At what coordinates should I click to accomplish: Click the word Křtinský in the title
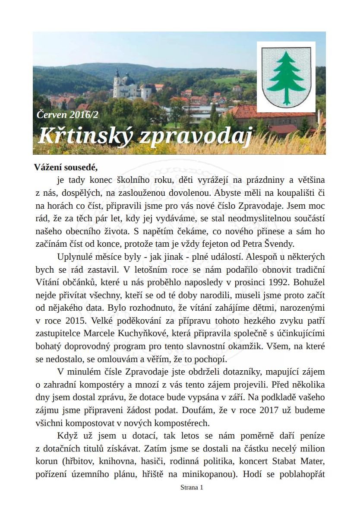[x=86, y=137]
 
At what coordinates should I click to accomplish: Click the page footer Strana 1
[x=190, y=487]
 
